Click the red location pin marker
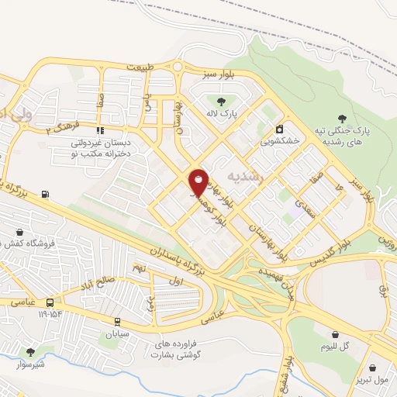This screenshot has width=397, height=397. coord(198,181)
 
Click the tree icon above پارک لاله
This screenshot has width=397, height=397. coord(222,102)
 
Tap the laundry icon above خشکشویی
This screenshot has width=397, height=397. coord(279,129)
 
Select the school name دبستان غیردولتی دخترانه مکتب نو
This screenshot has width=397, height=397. coord(99,149)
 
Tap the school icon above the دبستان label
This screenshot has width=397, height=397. coord(99,130)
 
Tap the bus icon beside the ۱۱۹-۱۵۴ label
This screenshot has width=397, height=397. coord(50,302)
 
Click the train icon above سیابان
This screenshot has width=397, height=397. coord(117,321)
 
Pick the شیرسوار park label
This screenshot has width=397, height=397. coord(28,364)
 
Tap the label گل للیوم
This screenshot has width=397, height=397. coord(334,347)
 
